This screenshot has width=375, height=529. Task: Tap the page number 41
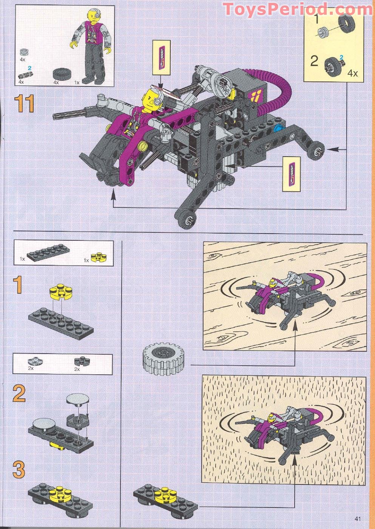358,518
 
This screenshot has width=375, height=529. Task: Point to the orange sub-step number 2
19,394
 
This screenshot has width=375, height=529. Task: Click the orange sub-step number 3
19,470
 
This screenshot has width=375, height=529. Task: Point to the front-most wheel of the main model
187,219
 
